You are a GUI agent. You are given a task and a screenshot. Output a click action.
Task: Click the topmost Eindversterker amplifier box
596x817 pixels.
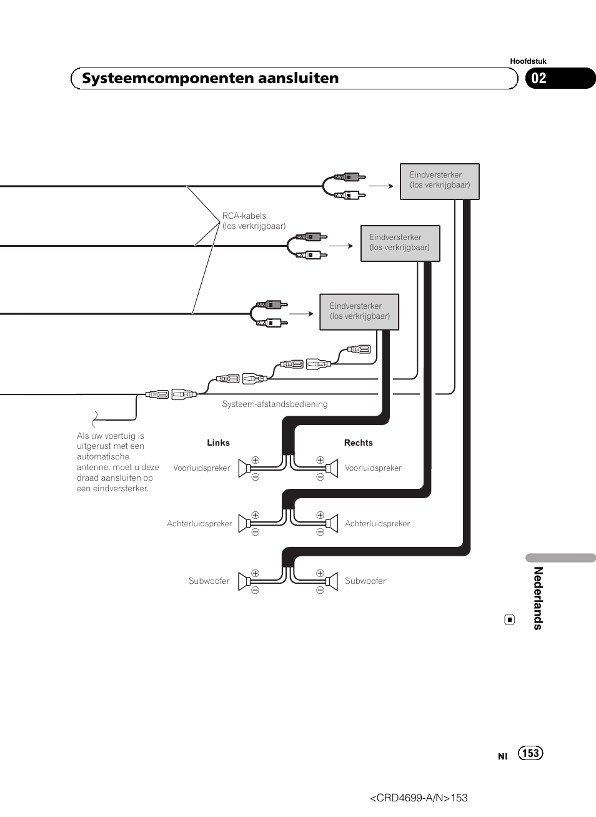[x=440, y=181]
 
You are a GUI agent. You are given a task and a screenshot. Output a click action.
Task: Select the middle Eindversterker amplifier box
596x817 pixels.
[x=400, y=243]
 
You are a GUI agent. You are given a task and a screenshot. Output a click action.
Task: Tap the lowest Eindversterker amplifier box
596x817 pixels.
[x=359, y=312]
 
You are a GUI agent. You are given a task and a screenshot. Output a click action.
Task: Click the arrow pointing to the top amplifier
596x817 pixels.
[x=381, y=186]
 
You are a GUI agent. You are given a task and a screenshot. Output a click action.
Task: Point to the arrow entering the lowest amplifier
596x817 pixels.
[x=301, y=314]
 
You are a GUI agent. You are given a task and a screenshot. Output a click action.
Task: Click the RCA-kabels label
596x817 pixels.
[x=254, y=221]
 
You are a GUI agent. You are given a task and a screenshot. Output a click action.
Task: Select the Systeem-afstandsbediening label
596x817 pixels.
[x=275, y=404]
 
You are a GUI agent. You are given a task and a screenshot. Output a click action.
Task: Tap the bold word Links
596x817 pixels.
[x=219, y=443]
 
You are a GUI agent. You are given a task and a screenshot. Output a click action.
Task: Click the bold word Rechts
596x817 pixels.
[x=359, y=443]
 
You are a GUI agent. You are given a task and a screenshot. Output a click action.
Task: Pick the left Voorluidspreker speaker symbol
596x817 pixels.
[x=244, y=468]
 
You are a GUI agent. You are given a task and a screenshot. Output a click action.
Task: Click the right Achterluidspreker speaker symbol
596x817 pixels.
[x=332, y=523]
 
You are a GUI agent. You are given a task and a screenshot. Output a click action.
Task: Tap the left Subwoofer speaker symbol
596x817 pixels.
[x=244, y=581]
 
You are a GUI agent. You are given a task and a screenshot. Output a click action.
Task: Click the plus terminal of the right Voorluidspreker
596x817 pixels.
[x=320, y=460]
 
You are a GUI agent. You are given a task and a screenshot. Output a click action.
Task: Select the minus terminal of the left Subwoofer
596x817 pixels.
[x=255, y=589]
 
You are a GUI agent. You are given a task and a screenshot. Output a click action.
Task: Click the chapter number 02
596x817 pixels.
[x=539, y=78]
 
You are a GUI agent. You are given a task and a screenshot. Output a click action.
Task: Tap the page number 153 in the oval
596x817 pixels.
[x=530, y=753]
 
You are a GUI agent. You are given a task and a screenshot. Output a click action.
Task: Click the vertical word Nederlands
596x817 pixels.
[x=539, y=598]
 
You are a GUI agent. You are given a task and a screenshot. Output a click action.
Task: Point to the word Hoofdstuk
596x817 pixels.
[x=528, y=61]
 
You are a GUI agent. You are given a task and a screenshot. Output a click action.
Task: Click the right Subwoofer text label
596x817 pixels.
[x=365, y=581]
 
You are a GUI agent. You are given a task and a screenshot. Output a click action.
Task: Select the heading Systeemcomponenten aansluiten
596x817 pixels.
[x=211, y=78]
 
